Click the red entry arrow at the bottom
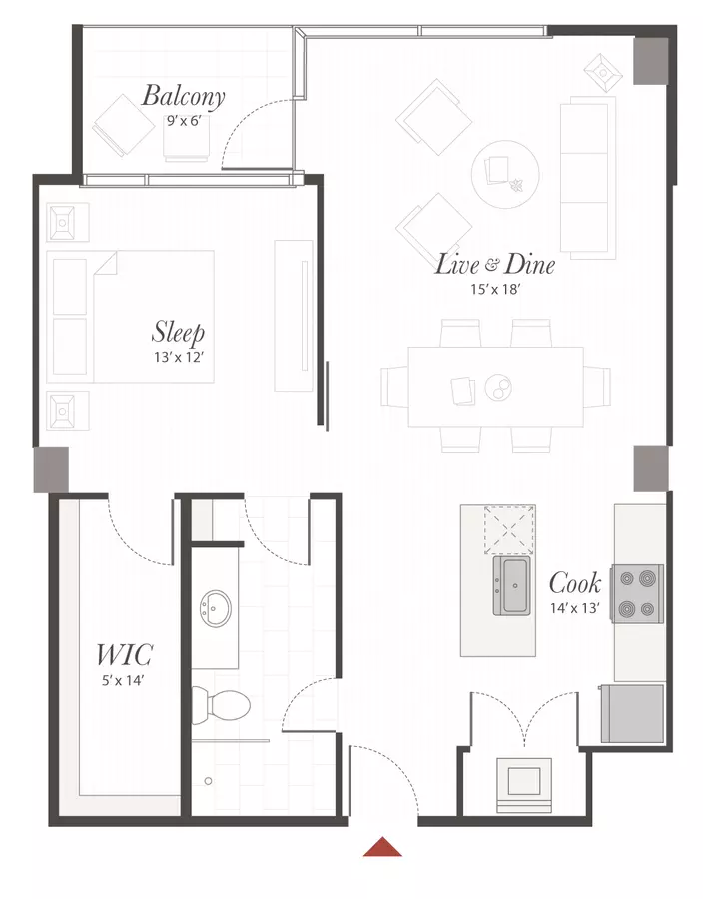pos(382,847)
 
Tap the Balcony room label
pos(184,96)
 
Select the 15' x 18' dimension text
pos(495,289)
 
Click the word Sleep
pos(178,332)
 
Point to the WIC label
pos(124,654)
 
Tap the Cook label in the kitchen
pos(575,583)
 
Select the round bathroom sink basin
pos(216,609)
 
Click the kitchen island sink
pos(511,585)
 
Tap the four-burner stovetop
pos(637,594)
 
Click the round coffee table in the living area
pos(505,174)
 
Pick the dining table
pos(495,387)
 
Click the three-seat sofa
pos(588,178)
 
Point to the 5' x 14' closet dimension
pos(123,681)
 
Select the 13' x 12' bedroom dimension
pos(179,357)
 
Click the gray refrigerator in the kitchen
pos(632,714)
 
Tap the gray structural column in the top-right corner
pos(651,61)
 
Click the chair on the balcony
pos(124,125)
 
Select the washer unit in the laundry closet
pos(524,785)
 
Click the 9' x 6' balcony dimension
pos(184,121)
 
